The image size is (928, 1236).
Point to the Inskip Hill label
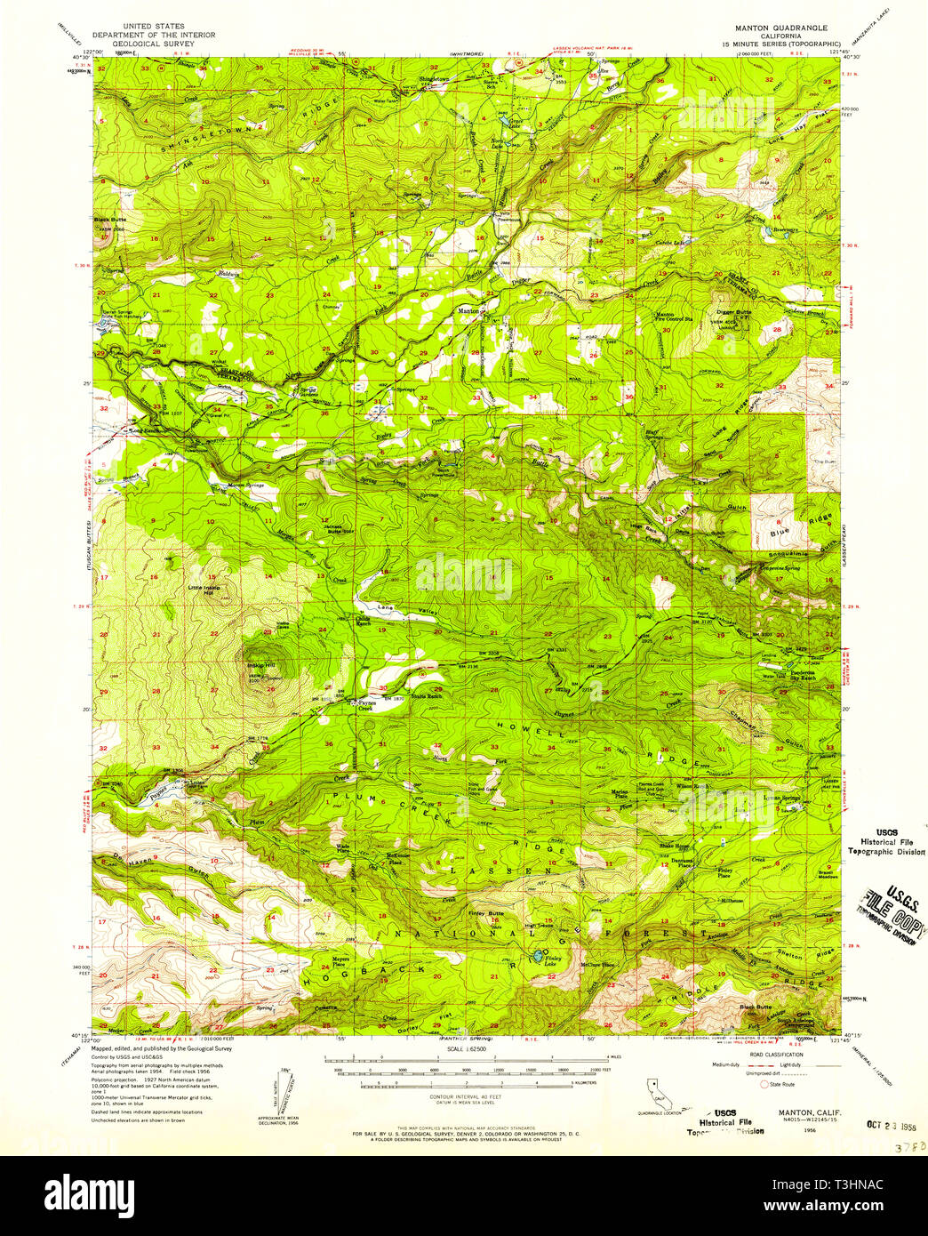point(260,665)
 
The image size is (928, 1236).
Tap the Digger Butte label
point(733,313)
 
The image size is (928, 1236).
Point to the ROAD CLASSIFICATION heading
point(771,1055)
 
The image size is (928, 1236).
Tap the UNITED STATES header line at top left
point(155,27)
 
